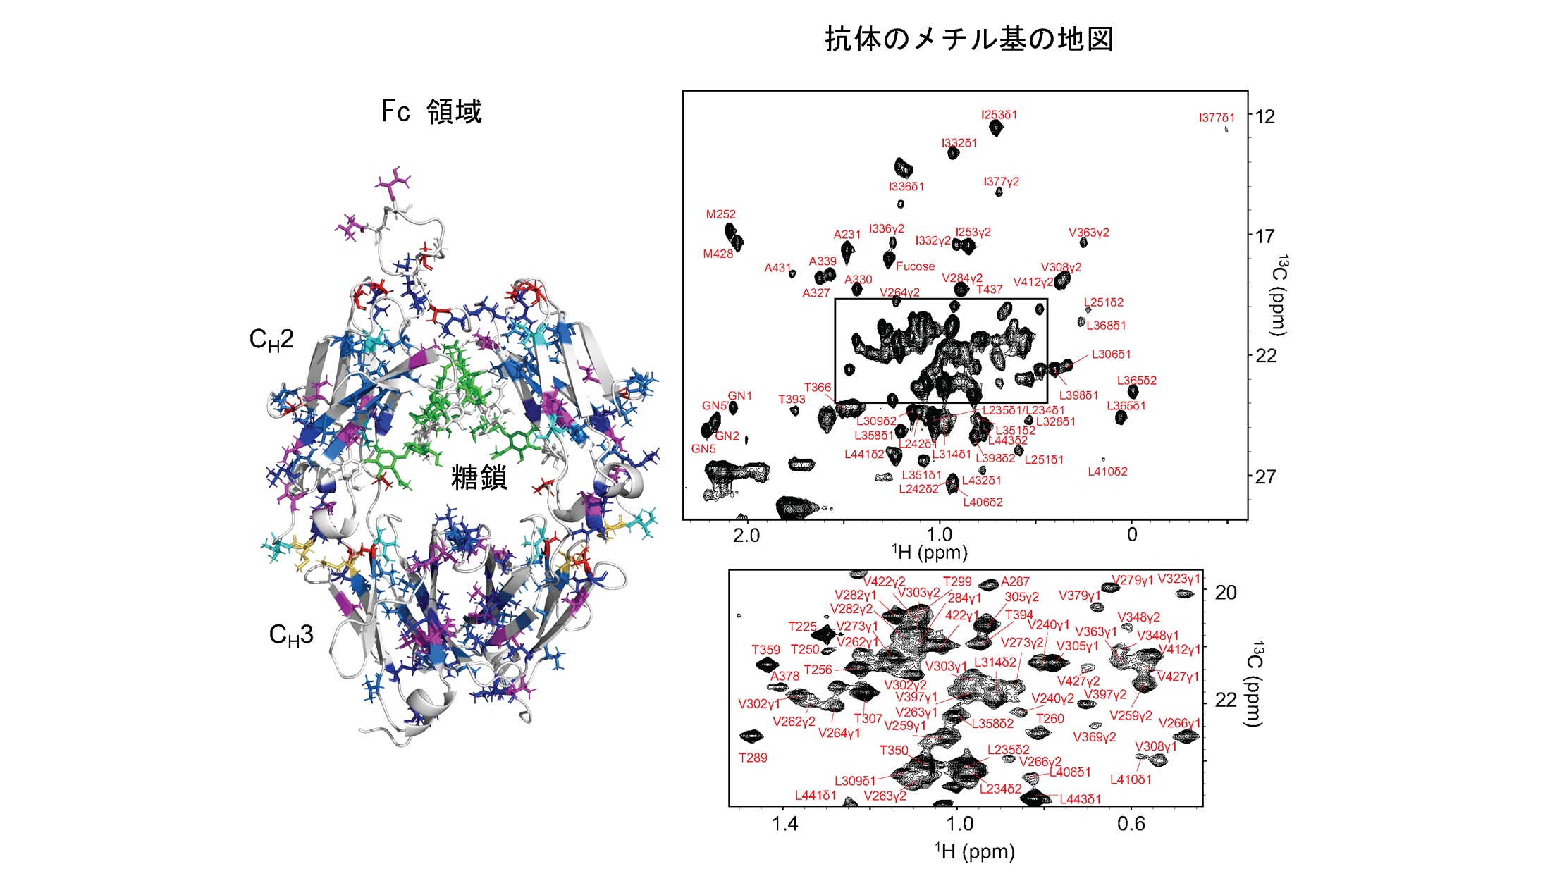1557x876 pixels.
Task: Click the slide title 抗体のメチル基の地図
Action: [x=969, y=39]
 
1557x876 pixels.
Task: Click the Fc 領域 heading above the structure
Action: [x=431, y=111]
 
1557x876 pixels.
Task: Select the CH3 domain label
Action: [x=290, y=635]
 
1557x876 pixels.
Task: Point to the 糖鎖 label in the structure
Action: [x=479, y=478]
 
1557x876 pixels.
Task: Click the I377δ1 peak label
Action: [x=1217, y=118]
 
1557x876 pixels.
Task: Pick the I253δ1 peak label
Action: [x=999, y=115]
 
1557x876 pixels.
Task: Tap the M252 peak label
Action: [x=720, y=214]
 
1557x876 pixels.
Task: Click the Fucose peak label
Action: [x=915, y=266]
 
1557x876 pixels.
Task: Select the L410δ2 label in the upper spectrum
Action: [x=1107, y=471]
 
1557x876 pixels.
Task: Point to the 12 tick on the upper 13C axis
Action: [x=1265, y=116]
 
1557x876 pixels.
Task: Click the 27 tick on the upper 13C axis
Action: [x=1265, y=477]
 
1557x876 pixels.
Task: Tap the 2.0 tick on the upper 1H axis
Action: [x=746, y=535]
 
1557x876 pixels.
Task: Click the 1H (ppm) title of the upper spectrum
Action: [x=930, y=553]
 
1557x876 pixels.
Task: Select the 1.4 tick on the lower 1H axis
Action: [x=784, y=824]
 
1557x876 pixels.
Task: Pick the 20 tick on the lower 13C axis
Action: [x=1226, y=593]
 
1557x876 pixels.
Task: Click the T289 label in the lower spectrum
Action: [x=753, y=758]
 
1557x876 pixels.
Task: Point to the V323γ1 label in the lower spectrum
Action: [x=1178, y=579]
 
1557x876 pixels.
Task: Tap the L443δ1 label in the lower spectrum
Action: [x=1081, y=799]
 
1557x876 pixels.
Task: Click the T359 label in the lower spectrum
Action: [x=765, y=650]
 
